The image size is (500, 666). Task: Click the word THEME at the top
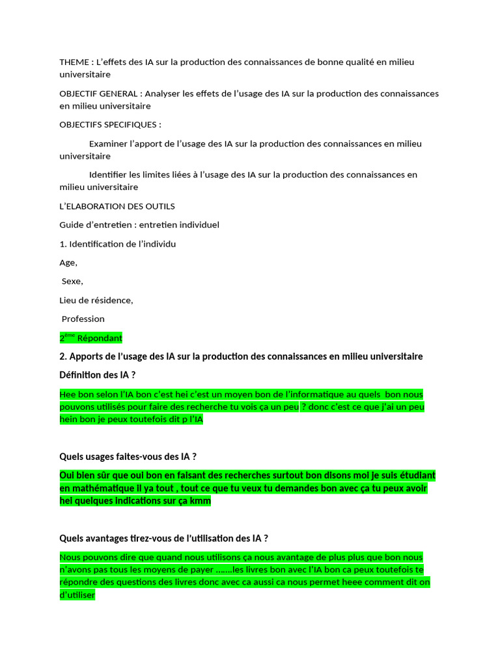point(74,62)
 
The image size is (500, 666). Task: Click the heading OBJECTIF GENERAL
point(98,94)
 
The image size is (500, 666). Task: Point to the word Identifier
point(109,174)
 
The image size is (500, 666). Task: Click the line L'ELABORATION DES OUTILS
point(117,206)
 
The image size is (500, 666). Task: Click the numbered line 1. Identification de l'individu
point(117,244)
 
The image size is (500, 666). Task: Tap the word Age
point(68,263)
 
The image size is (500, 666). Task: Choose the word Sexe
point(72,282)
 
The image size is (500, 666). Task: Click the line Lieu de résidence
point(96,300)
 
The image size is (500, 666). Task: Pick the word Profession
point(83,319)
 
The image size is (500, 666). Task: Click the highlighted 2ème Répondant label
point(90,338)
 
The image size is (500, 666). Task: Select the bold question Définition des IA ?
point(98,375)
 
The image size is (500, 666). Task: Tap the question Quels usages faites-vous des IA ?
point(128,457)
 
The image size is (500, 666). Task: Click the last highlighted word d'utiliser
point(77,595)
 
